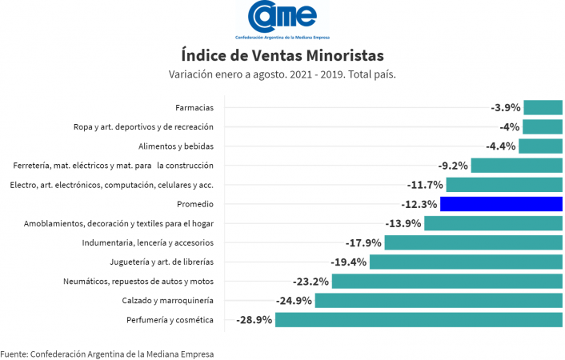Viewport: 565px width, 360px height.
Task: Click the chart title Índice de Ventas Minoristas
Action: (x=282, y=55)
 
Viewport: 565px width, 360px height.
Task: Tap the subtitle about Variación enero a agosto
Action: (x=282, y=74)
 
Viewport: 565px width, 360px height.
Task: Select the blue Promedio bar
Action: (x=502, y=204)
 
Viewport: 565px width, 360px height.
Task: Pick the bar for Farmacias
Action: (x=543, y=107)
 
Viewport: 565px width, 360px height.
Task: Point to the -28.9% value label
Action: (x=254, y=320)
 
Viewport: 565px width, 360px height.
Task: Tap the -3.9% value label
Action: (x=506, y=107)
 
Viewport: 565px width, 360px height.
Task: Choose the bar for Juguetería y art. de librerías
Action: (x=466, y=262)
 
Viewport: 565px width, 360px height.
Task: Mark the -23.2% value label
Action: (x=311, y=282)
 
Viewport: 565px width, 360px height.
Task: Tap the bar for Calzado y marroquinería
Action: (x=439, y=301)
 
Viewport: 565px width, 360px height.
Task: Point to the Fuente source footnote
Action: (x=107, y=353)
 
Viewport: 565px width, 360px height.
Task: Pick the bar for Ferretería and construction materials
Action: (x=517, y=166)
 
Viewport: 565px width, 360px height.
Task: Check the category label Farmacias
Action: (x=194, y=107)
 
